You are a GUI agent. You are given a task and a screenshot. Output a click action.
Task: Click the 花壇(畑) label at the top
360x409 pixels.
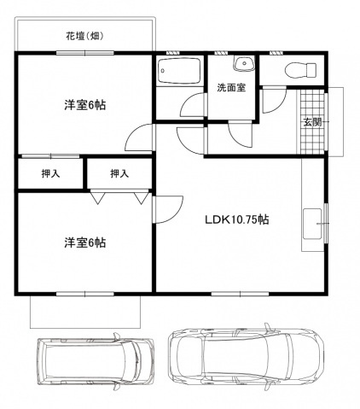click(84, 36)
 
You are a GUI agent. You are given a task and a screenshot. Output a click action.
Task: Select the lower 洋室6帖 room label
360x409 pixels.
click(84, 242)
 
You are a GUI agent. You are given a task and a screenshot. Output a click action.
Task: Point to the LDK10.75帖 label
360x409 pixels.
click(236, 219)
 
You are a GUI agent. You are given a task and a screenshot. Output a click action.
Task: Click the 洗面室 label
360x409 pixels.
click(230, 87)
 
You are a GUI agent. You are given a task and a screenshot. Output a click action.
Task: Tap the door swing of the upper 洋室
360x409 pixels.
click(137, 137)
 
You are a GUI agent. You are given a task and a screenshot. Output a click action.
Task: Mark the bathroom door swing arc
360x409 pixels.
click(194, 106)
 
